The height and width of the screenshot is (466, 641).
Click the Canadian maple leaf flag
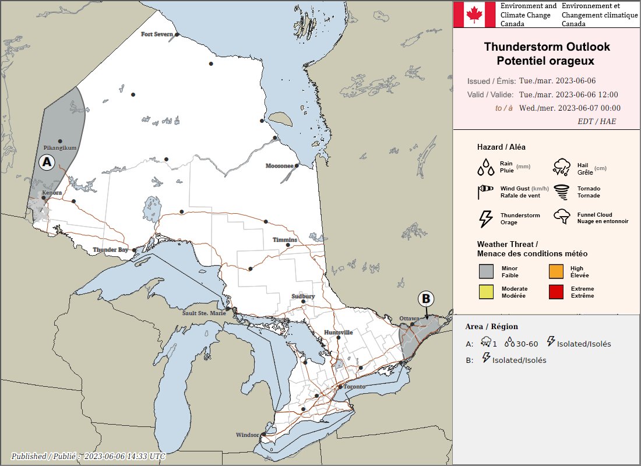474,14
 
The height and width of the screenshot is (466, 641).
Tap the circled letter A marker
47,160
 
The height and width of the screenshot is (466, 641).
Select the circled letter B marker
426,299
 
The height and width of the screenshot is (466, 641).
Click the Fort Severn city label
157,34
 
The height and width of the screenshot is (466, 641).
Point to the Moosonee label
279,166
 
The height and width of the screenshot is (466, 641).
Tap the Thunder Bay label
111,250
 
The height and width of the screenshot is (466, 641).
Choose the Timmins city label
285,240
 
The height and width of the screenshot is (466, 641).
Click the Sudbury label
303,296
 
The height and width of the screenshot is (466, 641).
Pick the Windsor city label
247,435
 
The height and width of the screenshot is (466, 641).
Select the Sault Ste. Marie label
204,313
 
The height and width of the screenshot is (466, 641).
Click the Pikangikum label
60,148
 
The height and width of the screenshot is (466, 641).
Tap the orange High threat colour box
556,271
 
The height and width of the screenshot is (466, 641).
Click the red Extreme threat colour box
556,292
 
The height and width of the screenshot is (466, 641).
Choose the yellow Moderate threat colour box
486,292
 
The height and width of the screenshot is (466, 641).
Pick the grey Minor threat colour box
486,271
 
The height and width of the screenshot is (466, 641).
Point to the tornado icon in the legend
562,192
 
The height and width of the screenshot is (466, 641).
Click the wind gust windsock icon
485,192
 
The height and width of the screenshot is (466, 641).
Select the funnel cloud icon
562,217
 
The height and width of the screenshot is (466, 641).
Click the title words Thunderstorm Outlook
547,47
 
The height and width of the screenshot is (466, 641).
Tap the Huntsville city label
338,333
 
